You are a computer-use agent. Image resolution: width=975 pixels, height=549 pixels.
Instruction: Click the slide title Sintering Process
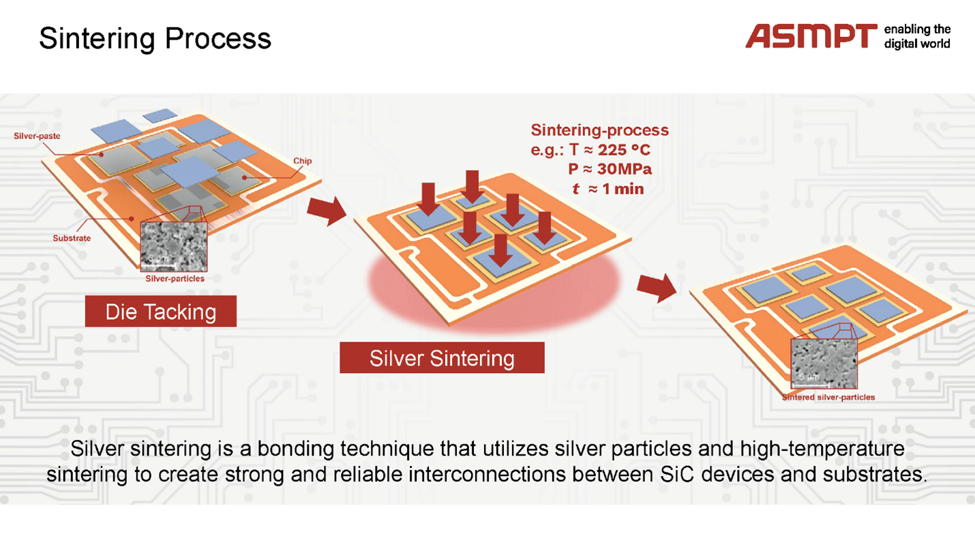pyautogui.click(x=155, y=38)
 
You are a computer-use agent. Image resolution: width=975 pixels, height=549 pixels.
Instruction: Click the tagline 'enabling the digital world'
pyautogui.click(x=916, y=36)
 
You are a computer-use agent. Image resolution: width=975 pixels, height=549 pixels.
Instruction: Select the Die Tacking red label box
pyautogui.click(x=160, y=312)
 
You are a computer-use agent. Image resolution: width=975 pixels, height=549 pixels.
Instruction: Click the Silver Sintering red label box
pyautogui.click(x=442, y=358)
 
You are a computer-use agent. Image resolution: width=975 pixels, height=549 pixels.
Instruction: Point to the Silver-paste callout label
pyautogui.click(x=37, y=136)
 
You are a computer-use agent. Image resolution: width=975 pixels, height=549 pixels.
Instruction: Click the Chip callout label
pyautogui.click(x=303, y=161)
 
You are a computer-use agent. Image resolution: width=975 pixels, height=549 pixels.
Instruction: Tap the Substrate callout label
pyautogui.click(x=72, y=238)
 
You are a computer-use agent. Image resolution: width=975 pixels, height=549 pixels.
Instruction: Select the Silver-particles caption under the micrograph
pyautogui.click(x=175, y=278)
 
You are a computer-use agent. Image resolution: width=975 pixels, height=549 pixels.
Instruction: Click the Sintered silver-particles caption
pyautogui.click(x=828, y=397)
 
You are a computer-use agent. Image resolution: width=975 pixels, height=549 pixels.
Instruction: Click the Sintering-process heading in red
pyautogui.click(x=599, y=130)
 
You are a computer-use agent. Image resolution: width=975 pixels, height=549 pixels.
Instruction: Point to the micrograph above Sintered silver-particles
pyautogui.click(x=824, y=363)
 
